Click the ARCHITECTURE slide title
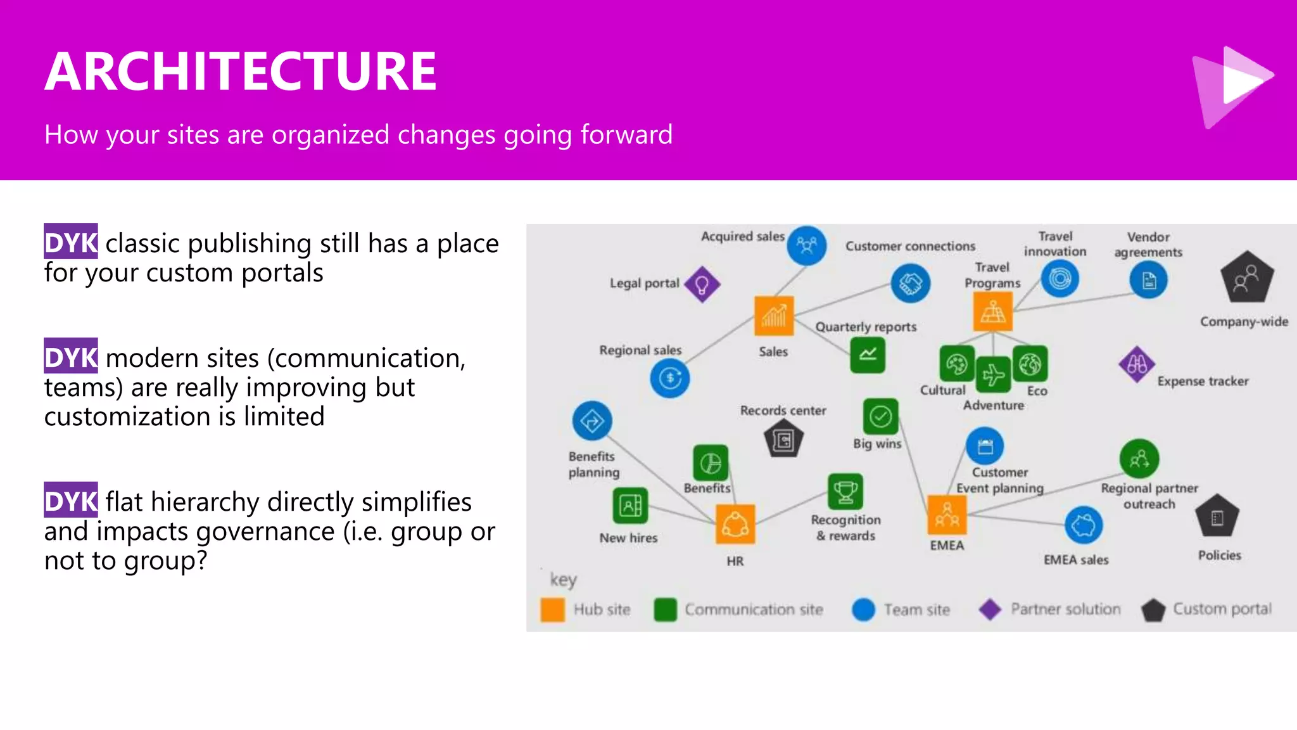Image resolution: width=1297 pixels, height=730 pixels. coord(241,71)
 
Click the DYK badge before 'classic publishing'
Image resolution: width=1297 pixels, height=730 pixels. coord(71,241)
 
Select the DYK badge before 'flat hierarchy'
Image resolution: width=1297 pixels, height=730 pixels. coord(71,500)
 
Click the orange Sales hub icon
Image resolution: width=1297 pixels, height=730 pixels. coord(774,315)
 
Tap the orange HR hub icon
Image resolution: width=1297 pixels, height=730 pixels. coord(735,524)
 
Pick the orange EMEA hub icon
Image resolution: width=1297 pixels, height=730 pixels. coord(947,515)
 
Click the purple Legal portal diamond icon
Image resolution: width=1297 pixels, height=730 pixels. coord(702,284)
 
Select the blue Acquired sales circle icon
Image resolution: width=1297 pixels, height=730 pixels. coord(807,245)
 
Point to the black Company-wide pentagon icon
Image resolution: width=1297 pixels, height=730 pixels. coord(1246,278)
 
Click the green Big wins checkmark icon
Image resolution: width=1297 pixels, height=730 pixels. coord(880,416)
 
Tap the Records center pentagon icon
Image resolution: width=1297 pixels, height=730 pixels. coord(783,440)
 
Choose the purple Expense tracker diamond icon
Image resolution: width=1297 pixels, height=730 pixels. coord(1137,364)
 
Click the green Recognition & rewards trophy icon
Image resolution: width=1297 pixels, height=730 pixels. coord(845,491)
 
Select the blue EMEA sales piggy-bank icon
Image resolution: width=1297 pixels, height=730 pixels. coord(1084,525)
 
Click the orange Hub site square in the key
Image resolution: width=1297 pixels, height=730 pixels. coord(553,610)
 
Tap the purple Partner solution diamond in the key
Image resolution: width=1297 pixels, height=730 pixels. coord(990,610)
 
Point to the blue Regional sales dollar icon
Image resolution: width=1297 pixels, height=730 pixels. coord(669,378)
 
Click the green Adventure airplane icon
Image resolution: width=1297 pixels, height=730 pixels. coord(993,375)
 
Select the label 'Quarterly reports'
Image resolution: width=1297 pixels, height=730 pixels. coord(866,327)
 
